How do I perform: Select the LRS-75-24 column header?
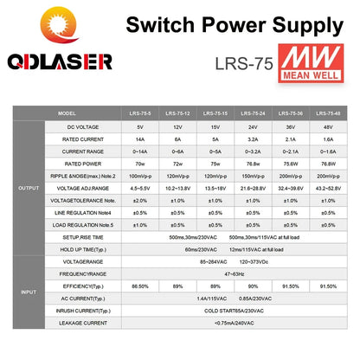pyautogui.click(x=253, y=113)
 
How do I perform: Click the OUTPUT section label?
pyautogui.click(x=24, y=186)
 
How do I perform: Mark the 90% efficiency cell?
pyautogui.click(x=253, y=285)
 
